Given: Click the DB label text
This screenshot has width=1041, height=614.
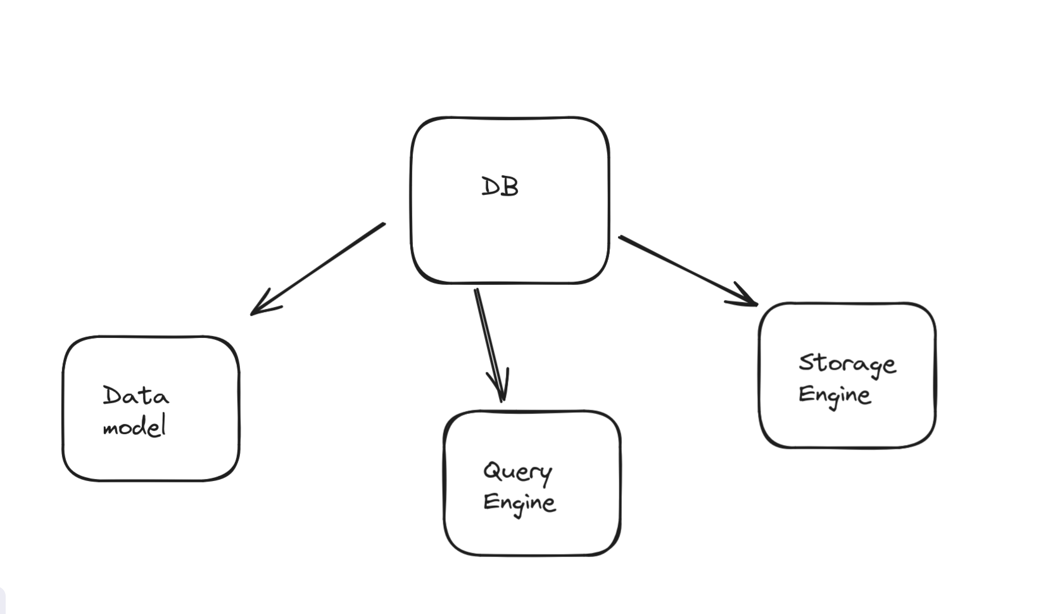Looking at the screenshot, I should [x=500, y=187].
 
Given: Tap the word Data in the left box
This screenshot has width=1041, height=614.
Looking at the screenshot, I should [x=136, y=396].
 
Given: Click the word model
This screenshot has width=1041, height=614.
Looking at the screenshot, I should [x=134, y=427].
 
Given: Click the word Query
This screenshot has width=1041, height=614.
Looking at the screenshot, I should [x=517, y=472].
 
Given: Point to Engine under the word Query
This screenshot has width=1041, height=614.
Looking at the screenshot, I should [x=519, y=503].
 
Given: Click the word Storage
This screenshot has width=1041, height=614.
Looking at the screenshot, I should [x=847, y=364].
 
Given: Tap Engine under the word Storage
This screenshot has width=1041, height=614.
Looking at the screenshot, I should [x=835, y=395].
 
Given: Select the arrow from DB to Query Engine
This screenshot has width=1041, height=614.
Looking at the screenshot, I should [x=489, y=342].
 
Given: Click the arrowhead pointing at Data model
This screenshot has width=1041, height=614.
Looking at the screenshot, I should [x=260, y=306].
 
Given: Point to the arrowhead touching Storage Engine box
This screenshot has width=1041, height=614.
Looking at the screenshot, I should [x=747, y=299].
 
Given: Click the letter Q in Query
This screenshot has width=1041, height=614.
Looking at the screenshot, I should [x=492, y=470].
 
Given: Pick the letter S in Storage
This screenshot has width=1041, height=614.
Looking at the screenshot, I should [x=805, y=362].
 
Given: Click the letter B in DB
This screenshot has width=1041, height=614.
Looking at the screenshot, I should [x=509, y=187].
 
